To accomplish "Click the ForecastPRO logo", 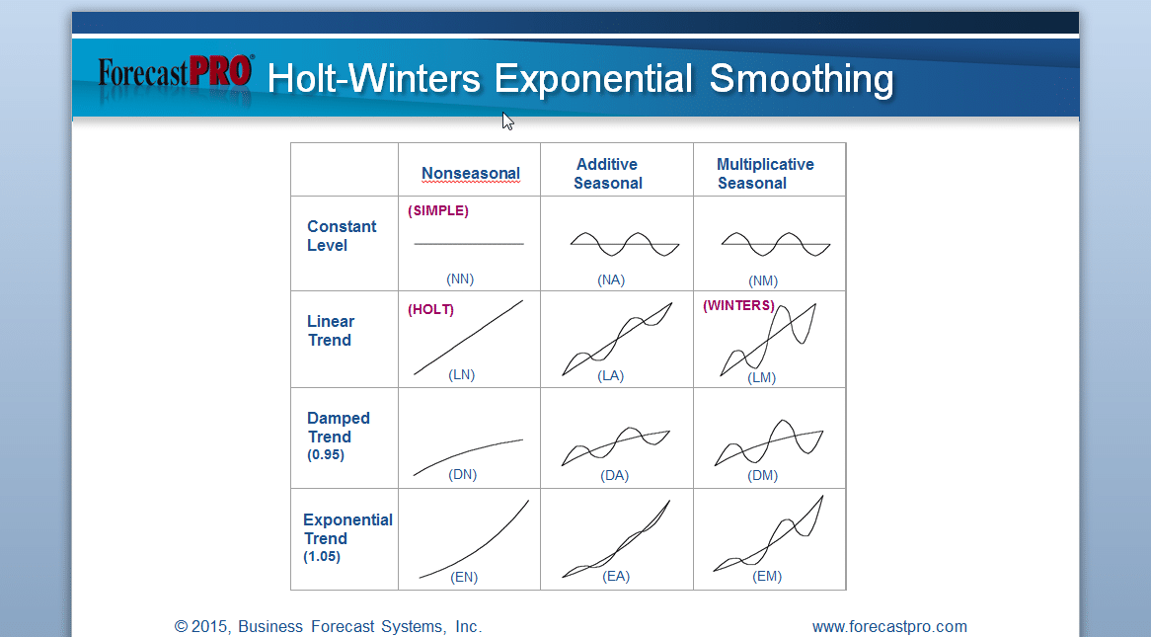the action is [x=176, y=73].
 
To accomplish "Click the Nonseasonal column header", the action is [x=471, y=174].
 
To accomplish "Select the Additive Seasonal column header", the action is [x=608, y=174].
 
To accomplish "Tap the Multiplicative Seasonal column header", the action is [x=765, y=174].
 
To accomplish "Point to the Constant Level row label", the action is [x=342, y=236].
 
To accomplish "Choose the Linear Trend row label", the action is [x=331, y=331].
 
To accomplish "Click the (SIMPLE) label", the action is [x=438, y=211].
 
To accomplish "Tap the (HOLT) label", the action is [x=431, y=310].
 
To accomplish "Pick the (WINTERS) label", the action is [x=738, y=305].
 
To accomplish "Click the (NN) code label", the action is [x=460, y=279].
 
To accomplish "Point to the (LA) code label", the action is [x=611, y=376].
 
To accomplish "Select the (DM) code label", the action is [x=763, y=475].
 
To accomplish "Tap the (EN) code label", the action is [x=464, y=578].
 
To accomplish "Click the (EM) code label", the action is [x=767, y=577].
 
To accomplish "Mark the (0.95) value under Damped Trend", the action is [x=325, y=455].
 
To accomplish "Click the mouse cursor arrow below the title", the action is [x=508, y=121].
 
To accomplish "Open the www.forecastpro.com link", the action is [x=889, y=627].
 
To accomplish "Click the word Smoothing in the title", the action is [x=802, y=79].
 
